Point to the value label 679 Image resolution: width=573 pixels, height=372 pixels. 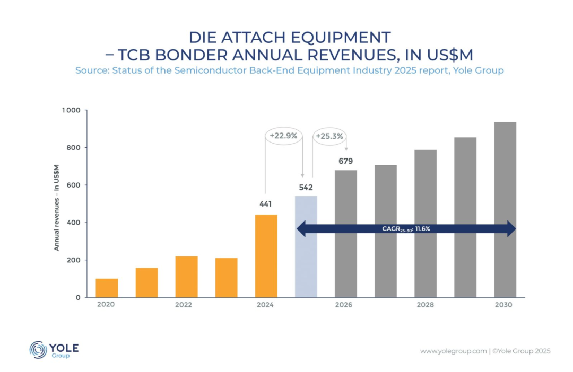point(345,161)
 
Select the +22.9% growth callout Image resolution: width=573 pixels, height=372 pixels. point(283,136)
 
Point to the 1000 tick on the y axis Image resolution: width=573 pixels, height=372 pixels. point(73,110)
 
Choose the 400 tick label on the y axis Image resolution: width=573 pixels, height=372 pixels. point(75,223)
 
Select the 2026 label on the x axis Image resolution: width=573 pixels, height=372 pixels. point(343,305)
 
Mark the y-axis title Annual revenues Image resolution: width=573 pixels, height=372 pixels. point(56,207)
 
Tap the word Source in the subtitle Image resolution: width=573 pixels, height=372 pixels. point(90,70)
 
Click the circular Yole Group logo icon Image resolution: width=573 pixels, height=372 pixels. point(38,350)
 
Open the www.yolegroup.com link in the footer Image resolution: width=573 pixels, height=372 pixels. point(453,351)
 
